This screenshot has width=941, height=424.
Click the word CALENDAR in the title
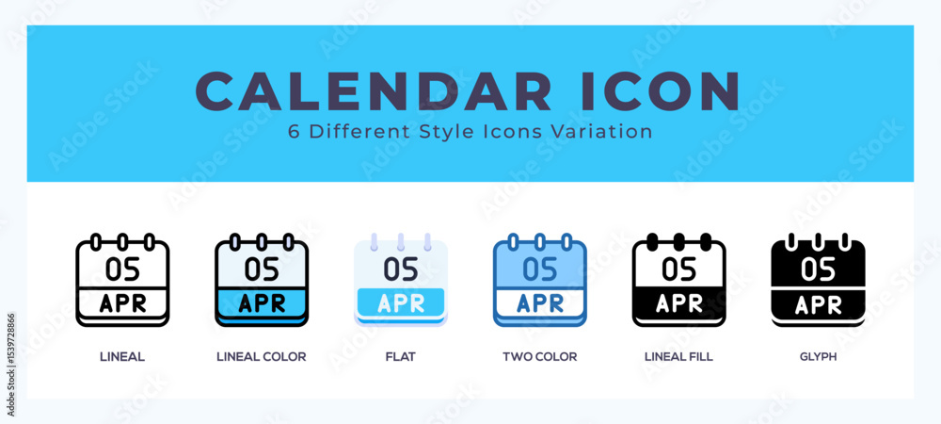(374, 91)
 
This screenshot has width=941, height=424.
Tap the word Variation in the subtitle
(607, 132)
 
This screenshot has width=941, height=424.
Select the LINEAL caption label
(122, 357)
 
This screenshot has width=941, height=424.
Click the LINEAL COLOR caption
(261, 357)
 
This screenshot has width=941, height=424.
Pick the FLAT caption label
(400, 357)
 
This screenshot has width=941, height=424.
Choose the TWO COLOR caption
(539, 357)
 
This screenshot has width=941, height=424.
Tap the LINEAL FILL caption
(678, 357)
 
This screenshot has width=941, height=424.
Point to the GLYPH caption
(818, 357)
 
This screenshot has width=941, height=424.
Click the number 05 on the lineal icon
(122, 269)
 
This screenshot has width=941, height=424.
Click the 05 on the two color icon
(540, 269)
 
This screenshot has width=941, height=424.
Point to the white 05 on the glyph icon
(819, 269)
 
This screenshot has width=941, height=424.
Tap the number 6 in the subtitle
(294, 132)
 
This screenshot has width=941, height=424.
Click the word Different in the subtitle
(354, 132)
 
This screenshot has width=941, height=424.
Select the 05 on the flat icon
(401, 269)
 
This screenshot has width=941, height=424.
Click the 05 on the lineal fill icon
(679, 269)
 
